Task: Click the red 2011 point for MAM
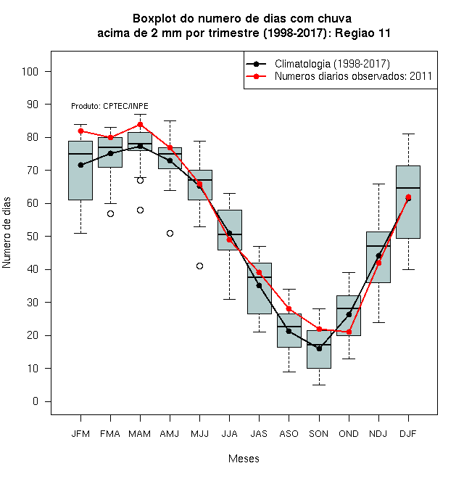coord(140,124)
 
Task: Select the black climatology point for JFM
coord(80,165)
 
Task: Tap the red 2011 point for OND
coord(349,332)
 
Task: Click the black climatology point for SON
coord(319,348)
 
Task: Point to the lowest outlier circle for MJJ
coord(199,266)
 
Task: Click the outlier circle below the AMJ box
coord(170,234)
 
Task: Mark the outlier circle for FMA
coord(110,214)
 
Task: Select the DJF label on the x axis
coord(408,434)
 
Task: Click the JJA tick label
coord(229,434)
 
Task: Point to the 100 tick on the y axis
coord(30,72)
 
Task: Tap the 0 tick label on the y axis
coord(36,401)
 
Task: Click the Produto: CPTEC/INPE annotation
coord(109,106)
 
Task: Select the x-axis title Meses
coord(244,459)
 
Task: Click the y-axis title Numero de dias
coord(7,233)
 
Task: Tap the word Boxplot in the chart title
coord(154,19)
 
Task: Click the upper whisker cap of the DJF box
coord(408,134)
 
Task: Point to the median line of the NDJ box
coord(378,246)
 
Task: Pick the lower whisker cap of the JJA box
coord(229,299)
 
